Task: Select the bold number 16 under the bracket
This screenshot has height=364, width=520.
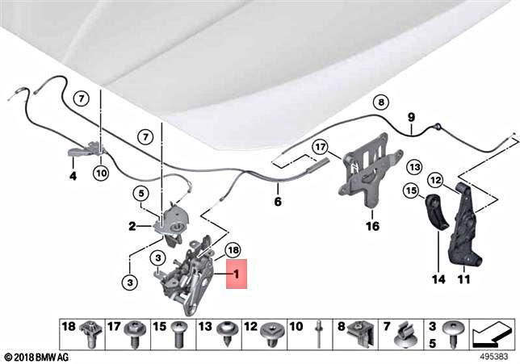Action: click(x=371, y=227)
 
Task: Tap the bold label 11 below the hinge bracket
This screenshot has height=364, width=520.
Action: click(x=463, y=280)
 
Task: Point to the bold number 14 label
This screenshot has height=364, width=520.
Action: click(x=438, y=280)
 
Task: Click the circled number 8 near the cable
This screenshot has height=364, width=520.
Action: click(x=380, y=102)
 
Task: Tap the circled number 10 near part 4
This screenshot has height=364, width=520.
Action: click(x=100, y=172)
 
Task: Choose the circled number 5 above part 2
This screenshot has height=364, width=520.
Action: click(x=140, y=194)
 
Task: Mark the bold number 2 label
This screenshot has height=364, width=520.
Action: click(x=132, y=227)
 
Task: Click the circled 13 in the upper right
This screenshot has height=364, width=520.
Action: click(x=414, y=167)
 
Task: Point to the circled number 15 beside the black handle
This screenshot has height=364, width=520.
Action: click(x=410, y=191)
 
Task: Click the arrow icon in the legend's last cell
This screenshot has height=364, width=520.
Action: click(x=492, y=331)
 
